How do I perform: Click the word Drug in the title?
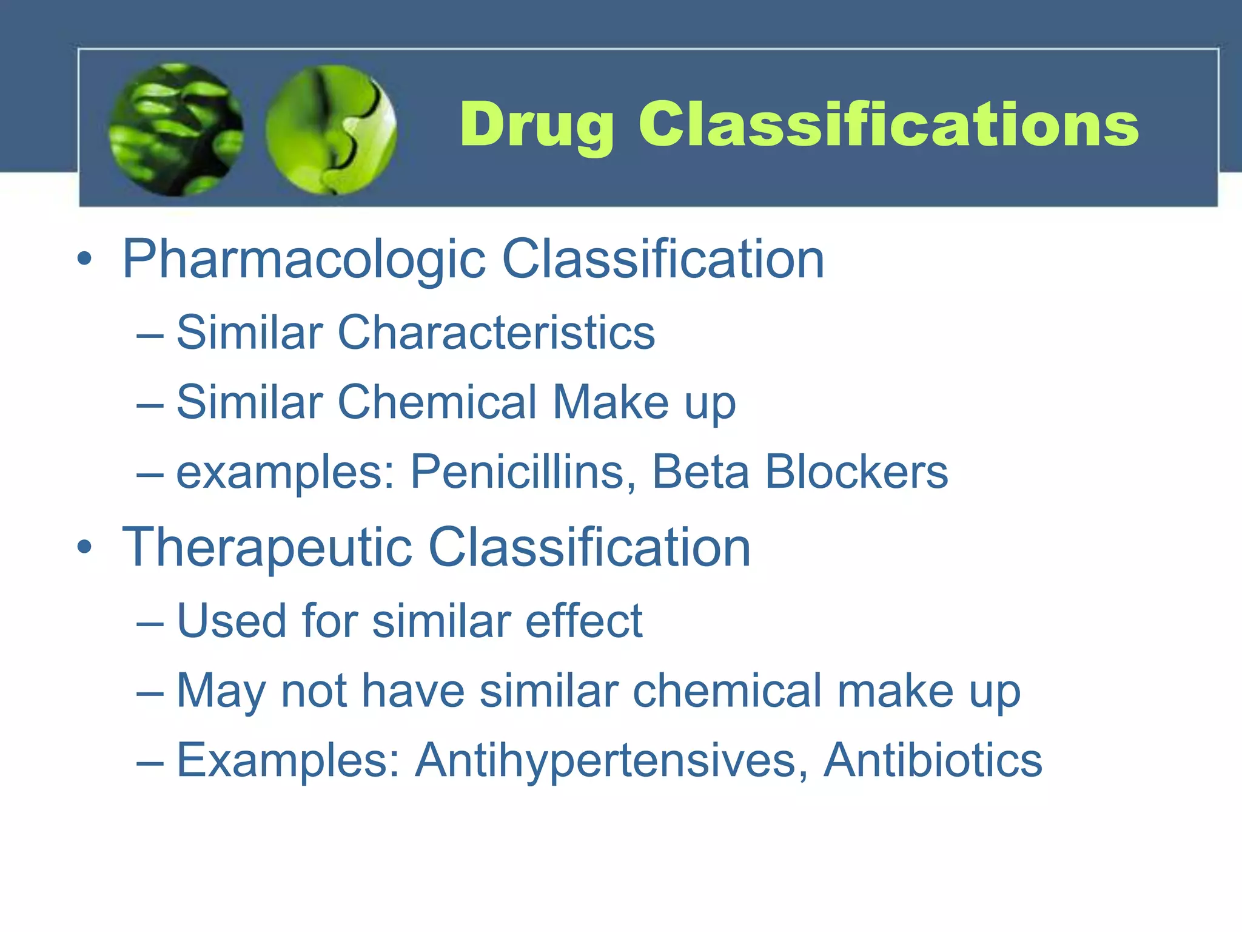(x=536, y=125)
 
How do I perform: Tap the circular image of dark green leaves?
(x=176, y=129)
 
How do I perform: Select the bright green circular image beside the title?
(x=331, y=129)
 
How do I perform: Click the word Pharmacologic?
(x=304, y=259)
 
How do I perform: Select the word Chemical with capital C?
(x=437, y=402)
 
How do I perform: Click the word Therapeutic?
(x=267, y=547)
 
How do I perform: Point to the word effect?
(x=583, y=621)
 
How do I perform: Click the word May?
(x=221, y=692)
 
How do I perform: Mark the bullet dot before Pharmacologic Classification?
(x=85, y=259)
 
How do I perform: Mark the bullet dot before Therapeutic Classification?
(x=85, y=547)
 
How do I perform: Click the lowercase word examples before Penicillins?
(x=285, y=473)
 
